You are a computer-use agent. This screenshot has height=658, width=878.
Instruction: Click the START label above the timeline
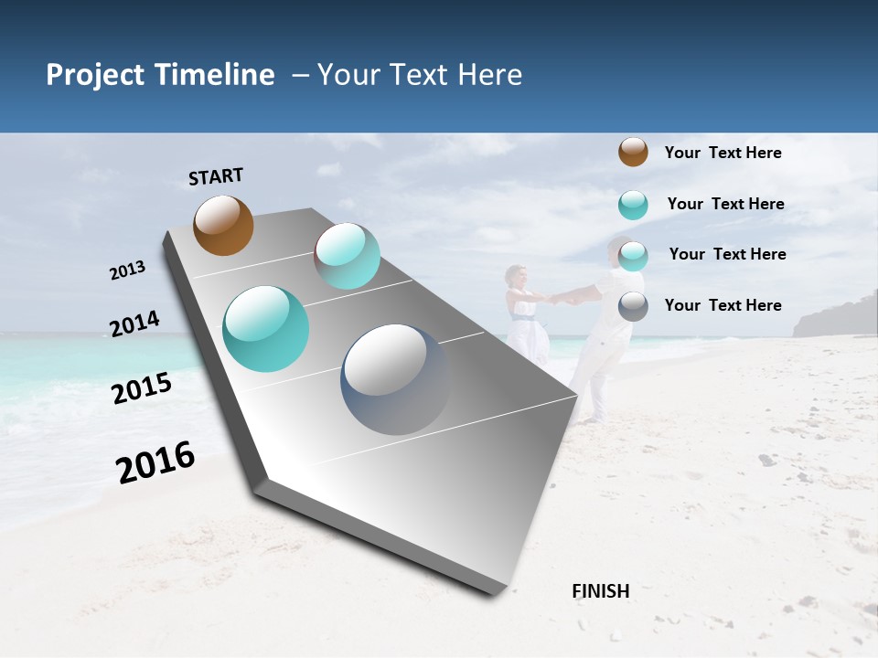coord(216,176)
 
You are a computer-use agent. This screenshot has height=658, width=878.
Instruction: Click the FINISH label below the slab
coord(600,591)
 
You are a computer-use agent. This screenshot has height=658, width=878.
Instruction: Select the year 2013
coord(127,271)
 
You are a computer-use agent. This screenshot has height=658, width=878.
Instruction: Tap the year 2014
coord(134,324)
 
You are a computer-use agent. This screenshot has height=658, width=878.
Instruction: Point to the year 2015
coord(142,388)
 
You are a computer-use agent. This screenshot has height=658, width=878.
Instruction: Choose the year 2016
coord(155,462)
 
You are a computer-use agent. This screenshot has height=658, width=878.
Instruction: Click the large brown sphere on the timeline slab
coord(223,225)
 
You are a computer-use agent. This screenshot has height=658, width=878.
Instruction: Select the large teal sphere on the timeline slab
coord(265,329)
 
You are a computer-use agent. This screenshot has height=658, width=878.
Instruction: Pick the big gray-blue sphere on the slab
coord(396,379)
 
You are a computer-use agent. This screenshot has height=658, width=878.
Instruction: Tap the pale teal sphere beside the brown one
coord(348,256)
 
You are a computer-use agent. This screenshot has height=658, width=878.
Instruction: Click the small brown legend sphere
coord(633,152)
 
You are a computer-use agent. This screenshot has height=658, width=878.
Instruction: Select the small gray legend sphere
coord(633,306)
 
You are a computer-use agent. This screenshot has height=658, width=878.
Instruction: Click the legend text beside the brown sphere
coord(723,153)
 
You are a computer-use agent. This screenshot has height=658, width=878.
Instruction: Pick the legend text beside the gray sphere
coord(723,305)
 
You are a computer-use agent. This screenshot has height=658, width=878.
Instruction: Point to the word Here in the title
coord(489,75)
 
